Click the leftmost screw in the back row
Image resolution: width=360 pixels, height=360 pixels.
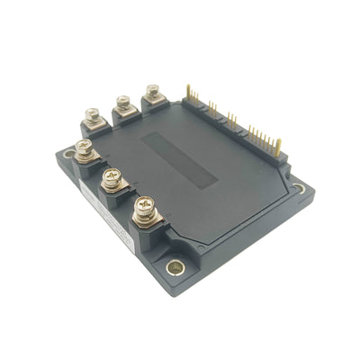(91, 114)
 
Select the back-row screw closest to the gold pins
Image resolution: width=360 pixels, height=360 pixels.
(153, 90)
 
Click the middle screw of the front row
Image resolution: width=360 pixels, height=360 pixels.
(112, 176)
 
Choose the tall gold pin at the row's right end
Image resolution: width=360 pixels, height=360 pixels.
(277, 144)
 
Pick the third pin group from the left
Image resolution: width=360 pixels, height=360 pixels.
(231, 119)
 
